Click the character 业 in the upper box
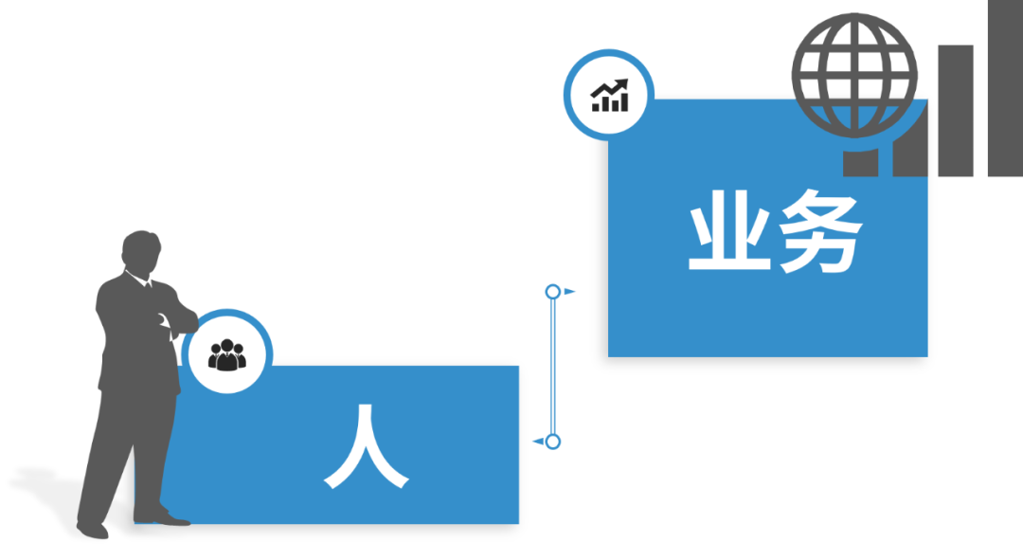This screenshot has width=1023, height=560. point(727,235)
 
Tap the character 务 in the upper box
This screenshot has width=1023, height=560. point(817,235)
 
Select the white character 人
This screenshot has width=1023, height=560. point(366,447)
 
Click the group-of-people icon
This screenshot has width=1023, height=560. point(226,354)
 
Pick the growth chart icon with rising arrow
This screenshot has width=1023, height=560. point(609,95)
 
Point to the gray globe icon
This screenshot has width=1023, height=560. point(854,75)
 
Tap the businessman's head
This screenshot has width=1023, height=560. point(141,251)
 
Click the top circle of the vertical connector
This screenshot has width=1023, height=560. point(552,292)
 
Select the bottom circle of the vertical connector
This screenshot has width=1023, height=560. point(553,441)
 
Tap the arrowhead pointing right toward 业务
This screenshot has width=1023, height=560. point(570,292)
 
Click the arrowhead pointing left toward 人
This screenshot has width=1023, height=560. point(537,441)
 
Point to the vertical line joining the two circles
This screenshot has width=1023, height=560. point(552,366)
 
